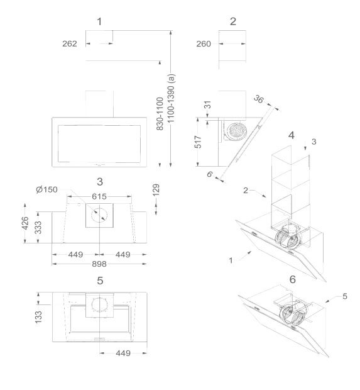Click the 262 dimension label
click(x=70, y=44)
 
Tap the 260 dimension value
click(x=204, y=44)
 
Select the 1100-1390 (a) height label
click(x=172, y=98)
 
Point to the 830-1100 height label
click(x=160, y=114)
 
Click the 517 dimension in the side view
click(x=198, y=142)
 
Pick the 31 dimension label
click(x=208, y=104)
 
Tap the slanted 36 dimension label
click(x=259, y=99)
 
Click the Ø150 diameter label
click(x=46, y=189)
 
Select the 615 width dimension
click(x=99, y=196)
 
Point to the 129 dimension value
click(x=156, y=190)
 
